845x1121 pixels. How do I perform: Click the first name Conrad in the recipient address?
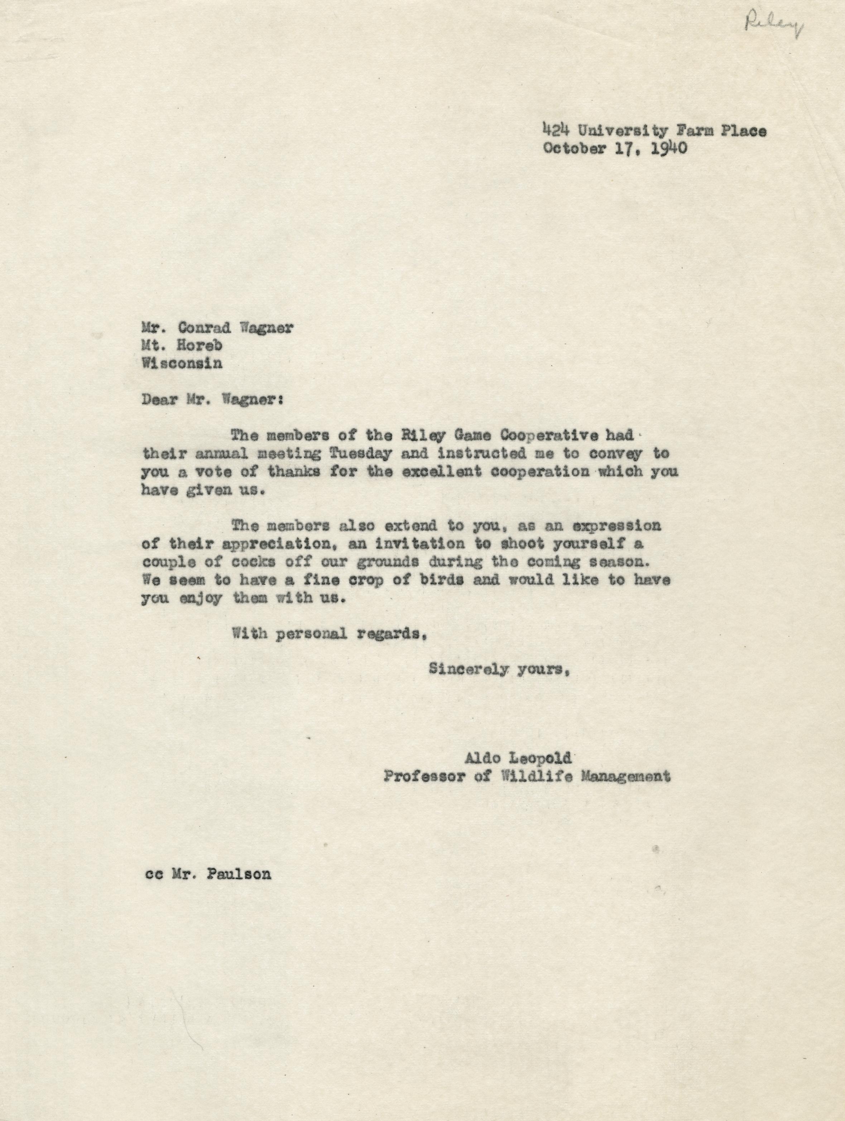point(214,328)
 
